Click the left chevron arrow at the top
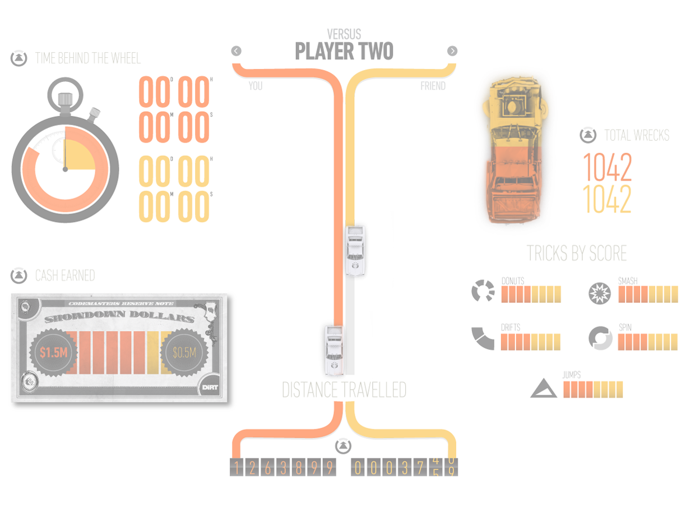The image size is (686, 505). (236, 51)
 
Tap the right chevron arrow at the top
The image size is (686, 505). (453, 51)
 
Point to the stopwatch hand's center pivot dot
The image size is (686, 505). (65, 168)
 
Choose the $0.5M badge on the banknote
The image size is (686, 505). (184, 353)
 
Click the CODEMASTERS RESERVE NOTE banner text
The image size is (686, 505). (120, 304)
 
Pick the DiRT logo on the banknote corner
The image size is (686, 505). (208, 387)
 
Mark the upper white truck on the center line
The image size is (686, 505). (355, 251)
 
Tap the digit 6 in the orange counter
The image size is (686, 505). (268, 468)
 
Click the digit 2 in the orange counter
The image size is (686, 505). (252, 468)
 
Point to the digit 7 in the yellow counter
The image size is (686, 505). (420, 468)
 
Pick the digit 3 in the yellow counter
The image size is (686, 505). (404, 468)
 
